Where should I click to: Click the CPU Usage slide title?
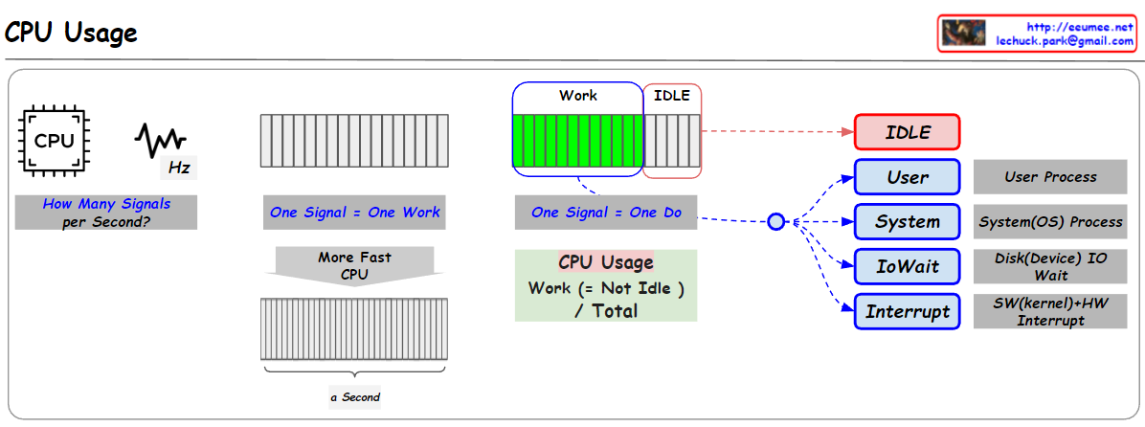[x=72, y=33]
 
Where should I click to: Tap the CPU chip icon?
[x=54, y=142]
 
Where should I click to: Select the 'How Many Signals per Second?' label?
[x=106, y=213]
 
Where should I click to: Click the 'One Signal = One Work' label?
[x=354, y=213]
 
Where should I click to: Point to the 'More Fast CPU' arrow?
[x=354, y=265]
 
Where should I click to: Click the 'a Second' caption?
[x=354, y=396]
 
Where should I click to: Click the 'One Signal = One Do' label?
[x=606, y=213]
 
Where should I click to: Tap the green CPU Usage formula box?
[x=606, y=285]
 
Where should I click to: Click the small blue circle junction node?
[x=776, y=222]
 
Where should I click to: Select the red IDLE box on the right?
[x=907, y=133]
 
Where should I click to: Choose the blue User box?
[x=907, y=177]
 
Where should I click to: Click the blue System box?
[x=907, y=222]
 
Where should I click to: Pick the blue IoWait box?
[x=907, y=266]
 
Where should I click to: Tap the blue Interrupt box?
[x=907, y=311]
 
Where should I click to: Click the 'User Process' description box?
[x=1050, y=177]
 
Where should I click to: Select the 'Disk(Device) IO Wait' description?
[x=1050, y=266]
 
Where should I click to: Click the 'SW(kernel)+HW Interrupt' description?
[x=1050, y=311]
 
